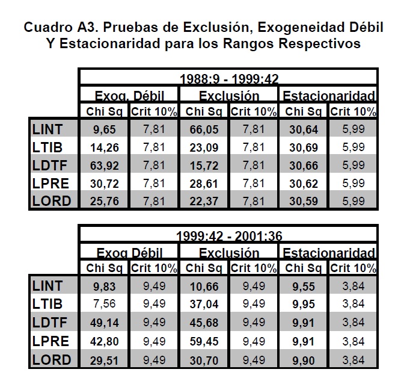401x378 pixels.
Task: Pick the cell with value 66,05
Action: (203, 129)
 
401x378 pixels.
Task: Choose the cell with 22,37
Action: (203, 201)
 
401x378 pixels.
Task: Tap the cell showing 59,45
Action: (203, 341)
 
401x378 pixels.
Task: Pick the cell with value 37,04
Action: (203, 305)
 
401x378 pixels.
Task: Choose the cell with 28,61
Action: (203, 183)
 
